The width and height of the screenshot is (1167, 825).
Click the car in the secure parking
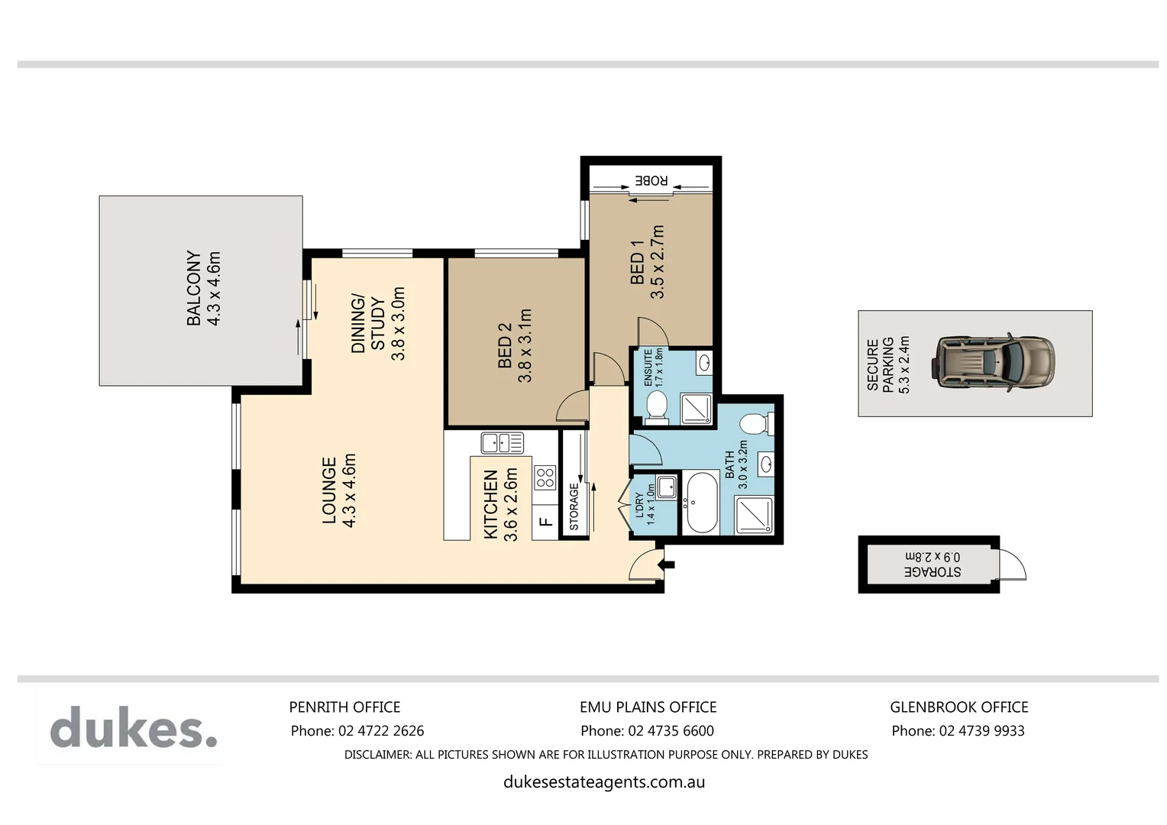(994, 363)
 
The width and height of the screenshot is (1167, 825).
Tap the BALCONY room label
(194, 288)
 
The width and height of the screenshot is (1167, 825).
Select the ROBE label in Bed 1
(651, 181)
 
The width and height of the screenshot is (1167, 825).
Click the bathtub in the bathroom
(701, 503)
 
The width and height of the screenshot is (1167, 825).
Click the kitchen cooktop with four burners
(545, 478)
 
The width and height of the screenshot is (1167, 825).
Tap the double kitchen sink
(502, 442)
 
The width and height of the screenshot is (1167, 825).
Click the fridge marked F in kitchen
(545, 522)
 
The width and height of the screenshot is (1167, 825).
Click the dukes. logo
(134, 727)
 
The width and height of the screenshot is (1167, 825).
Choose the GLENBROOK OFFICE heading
(958, 707)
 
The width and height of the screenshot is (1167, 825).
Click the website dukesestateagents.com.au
(603, 782)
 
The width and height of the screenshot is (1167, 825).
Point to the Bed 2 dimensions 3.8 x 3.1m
(525, 345)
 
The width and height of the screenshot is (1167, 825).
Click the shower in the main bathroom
(753, 515)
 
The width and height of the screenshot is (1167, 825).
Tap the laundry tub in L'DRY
(666, 487)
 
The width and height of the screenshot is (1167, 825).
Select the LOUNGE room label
(329, 490)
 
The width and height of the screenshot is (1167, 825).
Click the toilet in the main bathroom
(757, 422)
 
